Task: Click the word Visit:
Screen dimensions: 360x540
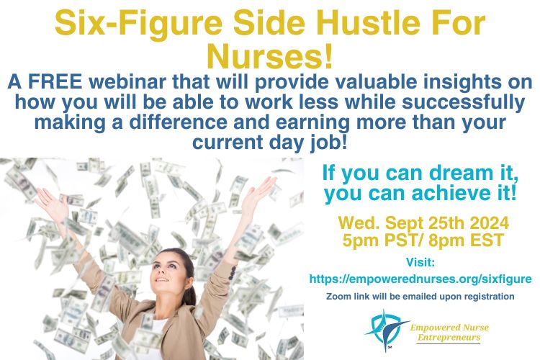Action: [x=421, y=263]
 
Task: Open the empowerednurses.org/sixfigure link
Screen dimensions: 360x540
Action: [x=420, y=279]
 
